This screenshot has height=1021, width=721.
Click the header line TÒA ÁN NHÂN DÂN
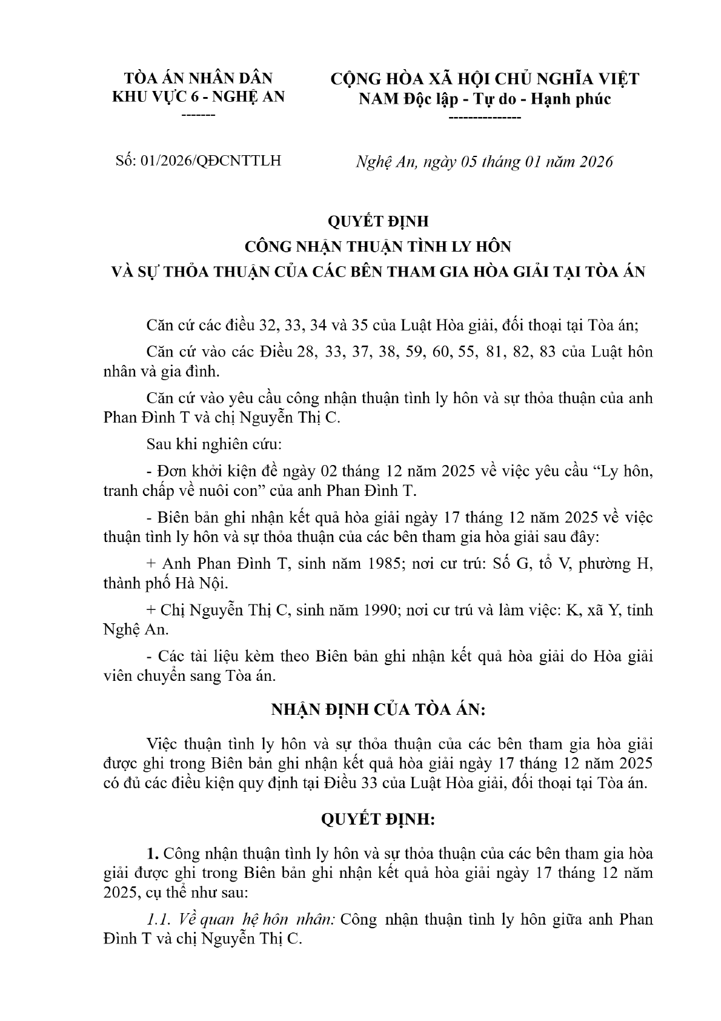point(198,78)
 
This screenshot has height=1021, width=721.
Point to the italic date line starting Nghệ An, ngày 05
point(484,162)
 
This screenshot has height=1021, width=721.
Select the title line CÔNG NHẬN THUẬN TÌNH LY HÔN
point(377,247)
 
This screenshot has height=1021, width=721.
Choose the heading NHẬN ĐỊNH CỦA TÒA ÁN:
point(377,710)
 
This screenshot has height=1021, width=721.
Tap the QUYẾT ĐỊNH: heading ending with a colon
point(377,820)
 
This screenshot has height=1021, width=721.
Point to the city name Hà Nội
point(202,583)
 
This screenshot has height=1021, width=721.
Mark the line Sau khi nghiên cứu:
point(214,444)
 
